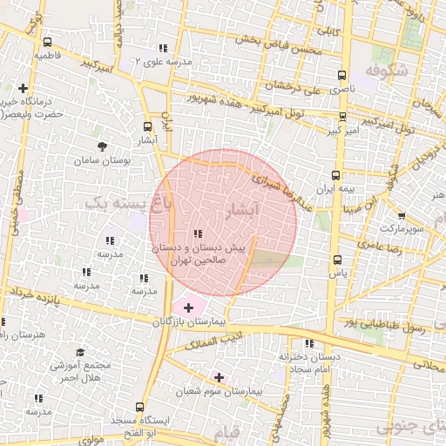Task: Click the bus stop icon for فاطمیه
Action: [46, 41]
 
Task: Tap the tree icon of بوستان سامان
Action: [103, 146]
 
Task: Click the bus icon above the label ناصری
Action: [342, 75]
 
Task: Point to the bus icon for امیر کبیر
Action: [342, 116]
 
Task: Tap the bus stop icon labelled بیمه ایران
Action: [334, 172]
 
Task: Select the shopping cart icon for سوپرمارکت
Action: [401, 215]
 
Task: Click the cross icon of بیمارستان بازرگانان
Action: [188, 307]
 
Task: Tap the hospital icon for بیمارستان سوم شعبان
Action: [218, 377]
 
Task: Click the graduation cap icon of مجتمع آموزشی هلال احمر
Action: [80, 352]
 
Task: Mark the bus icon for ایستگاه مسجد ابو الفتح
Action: [140, 406]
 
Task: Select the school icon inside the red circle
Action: [198, 233]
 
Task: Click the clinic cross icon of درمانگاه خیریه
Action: [23, 88]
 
